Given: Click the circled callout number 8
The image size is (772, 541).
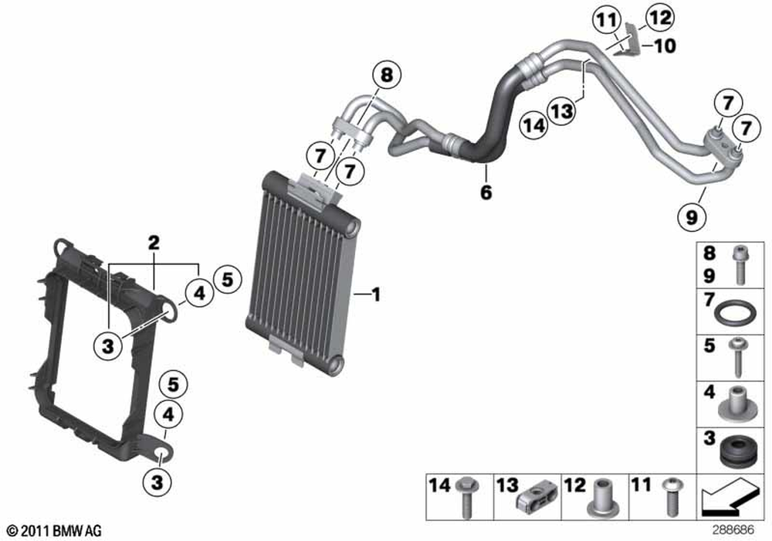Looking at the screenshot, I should (386, 76).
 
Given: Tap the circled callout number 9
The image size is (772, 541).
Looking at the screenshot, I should (691, 216).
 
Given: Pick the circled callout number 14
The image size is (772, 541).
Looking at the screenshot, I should (533, 124).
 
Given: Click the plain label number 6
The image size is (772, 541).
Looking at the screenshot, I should (486, 192).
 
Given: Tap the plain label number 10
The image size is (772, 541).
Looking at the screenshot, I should (664, 46).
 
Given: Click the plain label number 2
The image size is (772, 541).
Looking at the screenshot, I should (154, 243).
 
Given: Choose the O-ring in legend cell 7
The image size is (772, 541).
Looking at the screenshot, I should (734, 315).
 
